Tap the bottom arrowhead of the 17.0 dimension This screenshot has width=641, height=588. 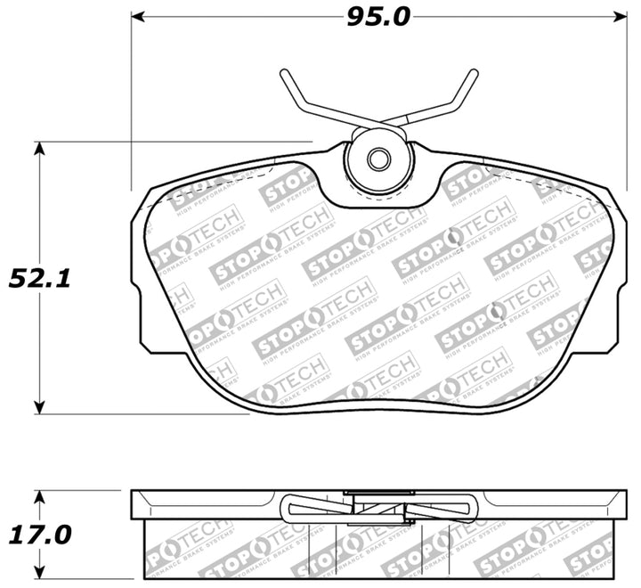[x=38, y=572]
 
